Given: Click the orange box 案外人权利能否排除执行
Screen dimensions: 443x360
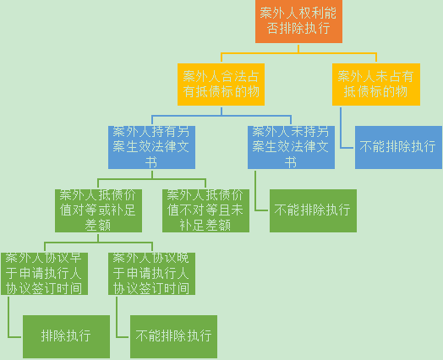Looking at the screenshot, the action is coord(298,21).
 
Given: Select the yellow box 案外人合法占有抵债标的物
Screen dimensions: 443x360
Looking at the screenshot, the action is coord(221,85).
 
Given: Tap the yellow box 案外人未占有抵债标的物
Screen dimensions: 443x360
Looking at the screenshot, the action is coord(376,85).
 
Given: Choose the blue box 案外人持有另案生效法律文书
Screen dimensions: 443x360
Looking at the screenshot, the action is coord(151,147).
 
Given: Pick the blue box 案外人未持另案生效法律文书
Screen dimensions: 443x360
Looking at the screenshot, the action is coord(292,147).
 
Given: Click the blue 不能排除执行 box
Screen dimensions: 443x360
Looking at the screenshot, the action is coord(398,147).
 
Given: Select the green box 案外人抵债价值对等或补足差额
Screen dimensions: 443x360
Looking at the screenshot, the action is coord(98,210).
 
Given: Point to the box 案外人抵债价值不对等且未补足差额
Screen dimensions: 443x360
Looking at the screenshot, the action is coord(205,210).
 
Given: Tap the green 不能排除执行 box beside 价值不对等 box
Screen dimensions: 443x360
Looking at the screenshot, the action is coord(313,210).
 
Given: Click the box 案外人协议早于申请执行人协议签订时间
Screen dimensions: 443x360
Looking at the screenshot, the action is coord(44,274).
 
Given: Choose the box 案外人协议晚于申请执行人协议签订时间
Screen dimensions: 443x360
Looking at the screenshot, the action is coord(151,274).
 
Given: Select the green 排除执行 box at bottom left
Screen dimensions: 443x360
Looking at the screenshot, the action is coord(67,336).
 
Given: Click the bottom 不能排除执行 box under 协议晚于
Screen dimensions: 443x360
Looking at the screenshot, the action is coord(174,336).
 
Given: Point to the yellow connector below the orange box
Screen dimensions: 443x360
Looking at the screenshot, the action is coord(298,52).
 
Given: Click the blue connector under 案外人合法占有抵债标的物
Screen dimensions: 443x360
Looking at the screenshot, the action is coord(221,116).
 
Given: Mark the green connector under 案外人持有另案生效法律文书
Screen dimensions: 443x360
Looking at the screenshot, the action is coord(152,179).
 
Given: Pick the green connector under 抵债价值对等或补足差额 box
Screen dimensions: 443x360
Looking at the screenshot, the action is coord(98,243).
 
